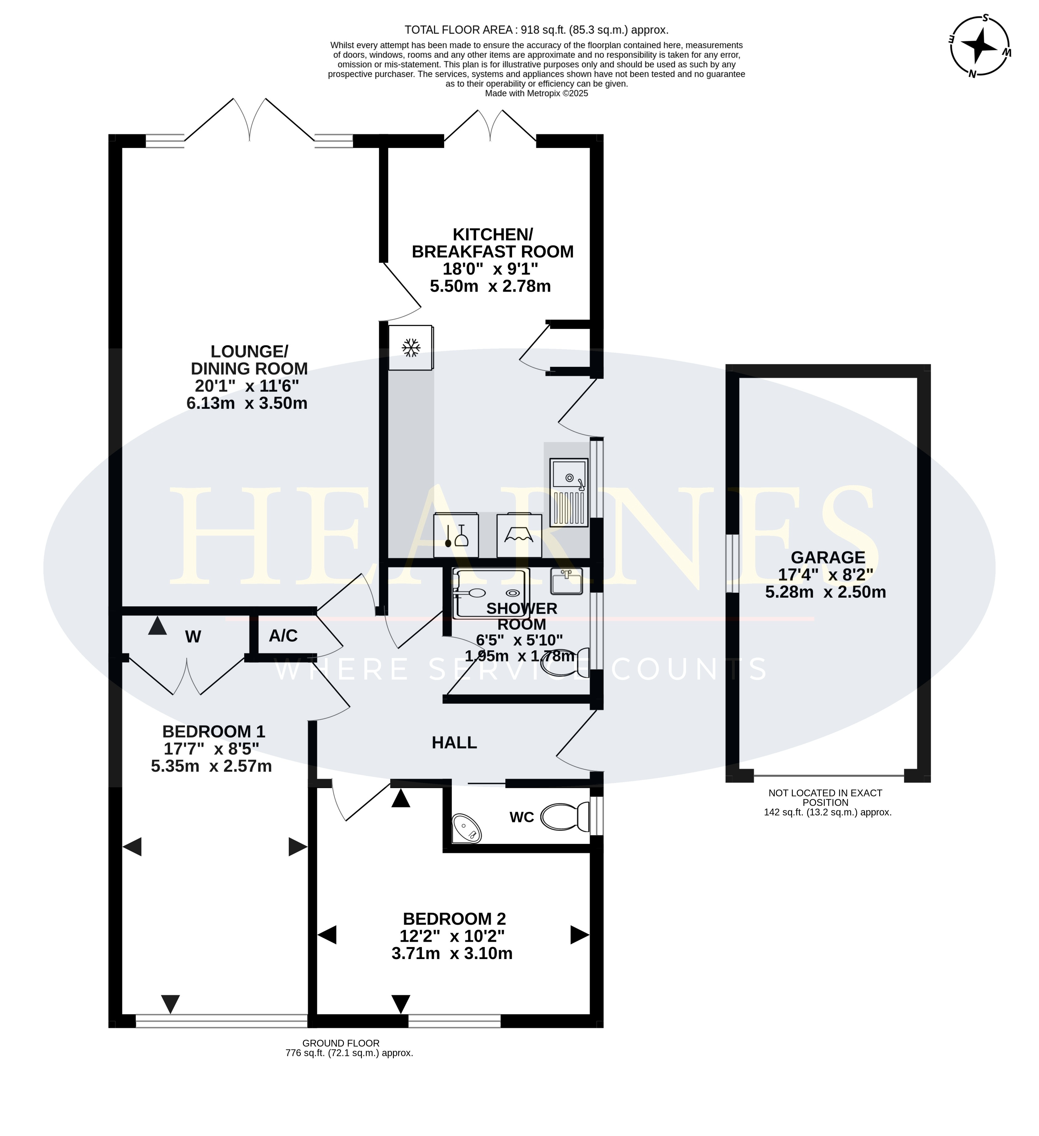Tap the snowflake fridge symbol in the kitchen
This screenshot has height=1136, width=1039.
(x=411, y=348)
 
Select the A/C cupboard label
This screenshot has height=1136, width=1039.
(x=283, y=636)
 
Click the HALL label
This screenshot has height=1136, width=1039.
(x=455, y=743)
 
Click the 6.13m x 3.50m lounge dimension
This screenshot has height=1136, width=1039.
(x=247, y=403)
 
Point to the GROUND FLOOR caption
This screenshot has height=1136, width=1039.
(x=341, y=1043)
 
